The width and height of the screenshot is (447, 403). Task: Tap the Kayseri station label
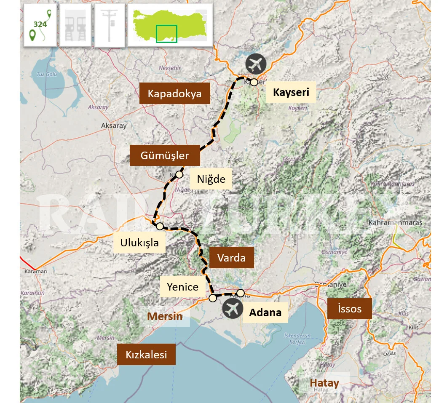click(x=291, y=92)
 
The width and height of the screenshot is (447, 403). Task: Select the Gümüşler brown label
click(x=165, y=155)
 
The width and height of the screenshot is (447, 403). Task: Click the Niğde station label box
click(x=211, y=179)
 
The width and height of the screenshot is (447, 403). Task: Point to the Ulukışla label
click(x=139, y=243)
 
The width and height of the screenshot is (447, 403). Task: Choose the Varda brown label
click(x=231, y=257)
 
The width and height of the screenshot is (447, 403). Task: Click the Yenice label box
click(x=182, y=287)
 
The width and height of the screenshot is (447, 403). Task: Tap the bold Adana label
click(x=265, y=312)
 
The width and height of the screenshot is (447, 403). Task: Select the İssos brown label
click(x=349, y=309)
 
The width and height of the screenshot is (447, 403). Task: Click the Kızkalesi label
click(x=146, y=355)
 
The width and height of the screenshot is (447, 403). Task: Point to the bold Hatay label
click(x=324, y=383)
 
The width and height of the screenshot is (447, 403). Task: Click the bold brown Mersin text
click(x=165, y=316)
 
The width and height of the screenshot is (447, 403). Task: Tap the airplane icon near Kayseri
click(x=256, y=64)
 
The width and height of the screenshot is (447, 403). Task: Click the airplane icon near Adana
click(x=233, y=310)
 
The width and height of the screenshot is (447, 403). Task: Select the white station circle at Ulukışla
click(x=160, y=226)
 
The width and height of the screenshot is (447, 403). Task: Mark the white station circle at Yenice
click(x=213, y=298)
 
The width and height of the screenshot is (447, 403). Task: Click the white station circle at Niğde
click(x=179, y=174)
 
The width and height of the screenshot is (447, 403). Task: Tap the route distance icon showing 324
click(x=40, y=25)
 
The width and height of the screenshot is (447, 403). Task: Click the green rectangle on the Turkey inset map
click(x=166, y=34)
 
